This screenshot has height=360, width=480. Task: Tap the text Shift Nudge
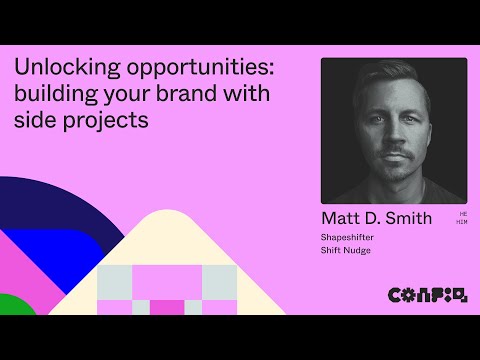pos(345,250)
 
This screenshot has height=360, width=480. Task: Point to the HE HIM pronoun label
pos(462,217)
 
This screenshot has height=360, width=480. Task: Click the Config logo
pos(426,294)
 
